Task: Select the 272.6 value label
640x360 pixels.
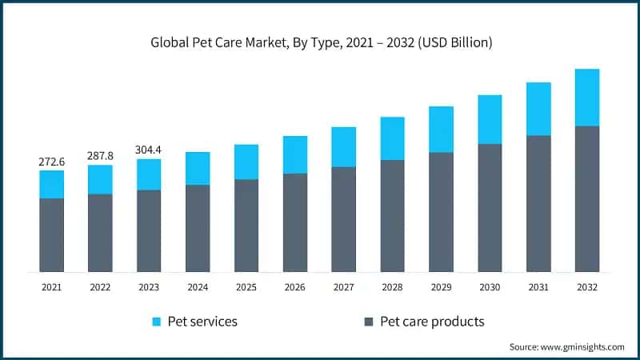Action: (52, 162)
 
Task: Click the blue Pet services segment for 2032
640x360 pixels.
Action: (587, 98)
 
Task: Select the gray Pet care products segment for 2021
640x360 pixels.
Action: (52, 235)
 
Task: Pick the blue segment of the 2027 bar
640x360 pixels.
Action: (344, 147)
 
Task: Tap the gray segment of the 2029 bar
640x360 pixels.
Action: (441, 212)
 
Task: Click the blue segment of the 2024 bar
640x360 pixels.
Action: (198, 169)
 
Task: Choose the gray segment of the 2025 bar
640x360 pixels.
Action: (246, 226)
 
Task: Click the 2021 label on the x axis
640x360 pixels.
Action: (52, 286)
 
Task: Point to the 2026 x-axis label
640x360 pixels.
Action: (295, 286)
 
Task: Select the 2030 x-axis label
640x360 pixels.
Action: (490, 286)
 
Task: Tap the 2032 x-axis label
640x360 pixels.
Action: (587, 286)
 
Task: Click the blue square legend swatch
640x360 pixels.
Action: (158, 322)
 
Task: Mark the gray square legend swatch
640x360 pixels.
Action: (369, 322)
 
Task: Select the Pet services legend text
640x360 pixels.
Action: (206, 322)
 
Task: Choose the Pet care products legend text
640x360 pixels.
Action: (432, 322)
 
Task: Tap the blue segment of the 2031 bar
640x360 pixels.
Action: (538, 109)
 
